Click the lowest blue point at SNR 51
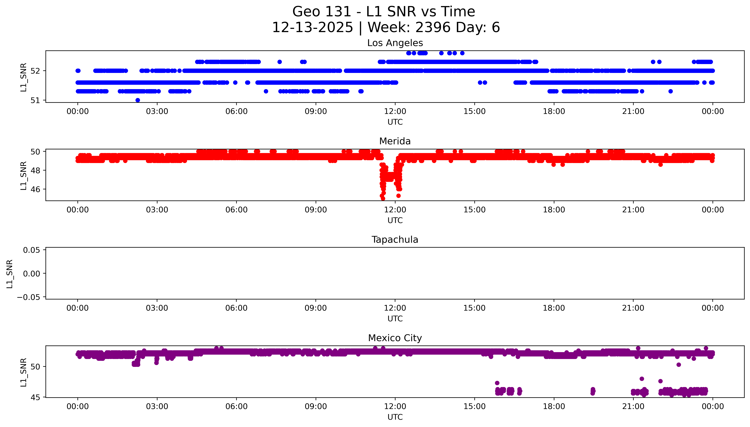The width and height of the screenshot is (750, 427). (138, 100)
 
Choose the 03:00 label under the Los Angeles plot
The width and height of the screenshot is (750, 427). (157, 112)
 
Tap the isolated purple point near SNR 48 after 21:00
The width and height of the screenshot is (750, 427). (641, 379)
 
